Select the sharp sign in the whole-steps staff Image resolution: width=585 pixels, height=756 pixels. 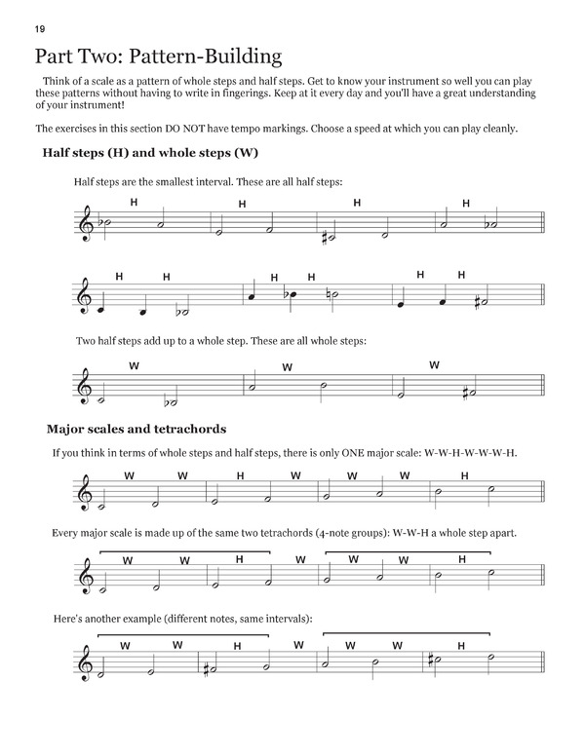(x=468, y=393)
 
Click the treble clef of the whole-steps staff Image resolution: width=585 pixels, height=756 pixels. (x=86, y=389)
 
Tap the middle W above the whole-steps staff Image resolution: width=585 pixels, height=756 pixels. (x=288, y=367)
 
